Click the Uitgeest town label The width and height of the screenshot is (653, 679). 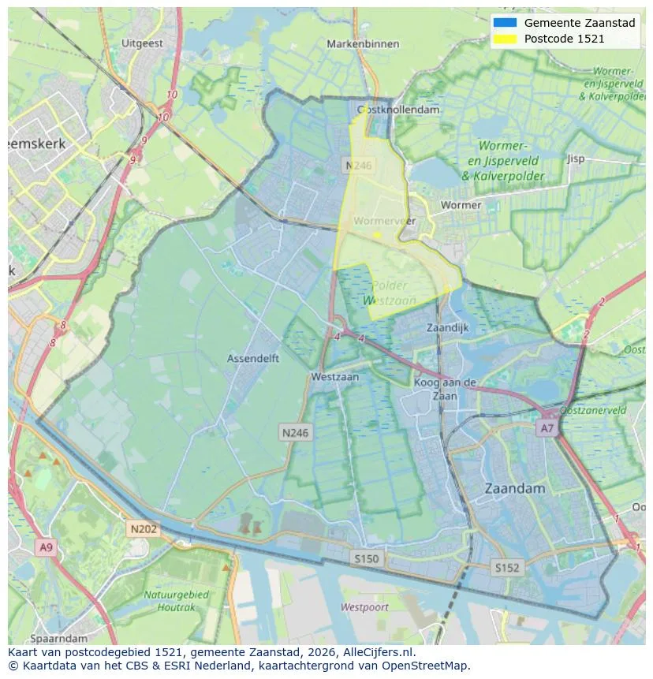143,43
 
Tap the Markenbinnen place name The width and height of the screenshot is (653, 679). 363,44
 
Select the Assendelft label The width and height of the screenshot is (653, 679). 252,358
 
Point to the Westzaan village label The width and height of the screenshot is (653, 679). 334,377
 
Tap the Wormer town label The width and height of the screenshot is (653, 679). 461,205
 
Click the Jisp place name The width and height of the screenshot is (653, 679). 576,159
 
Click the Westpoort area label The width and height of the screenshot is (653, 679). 364,607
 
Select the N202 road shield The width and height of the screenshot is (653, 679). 143,529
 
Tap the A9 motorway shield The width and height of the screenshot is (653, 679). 45,547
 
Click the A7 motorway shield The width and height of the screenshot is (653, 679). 547,428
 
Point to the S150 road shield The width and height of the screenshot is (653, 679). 366,558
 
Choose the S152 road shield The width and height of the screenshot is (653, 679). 507,567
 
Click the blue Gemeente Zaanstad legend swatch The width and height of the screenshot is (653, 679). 503,23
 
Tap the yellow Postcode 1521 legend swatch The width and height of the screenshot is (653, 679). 503,39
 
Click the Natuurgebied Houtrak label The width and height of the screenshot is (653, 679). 176,600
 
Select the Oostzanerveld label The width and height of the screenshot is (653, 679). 593,411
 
